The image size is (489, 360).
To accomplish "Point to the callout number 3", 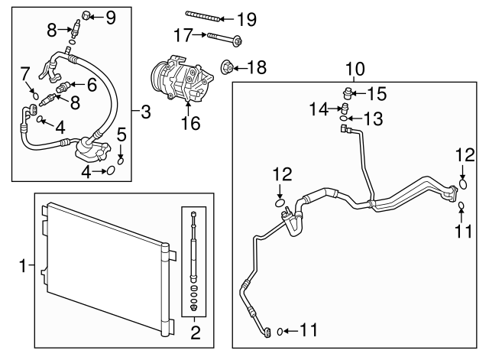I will coord(145,113).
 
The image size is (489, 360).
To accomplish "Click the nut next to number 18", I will coord(228,67).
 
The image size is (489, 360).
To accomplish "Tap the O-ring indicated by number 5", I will coord(121,160).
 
